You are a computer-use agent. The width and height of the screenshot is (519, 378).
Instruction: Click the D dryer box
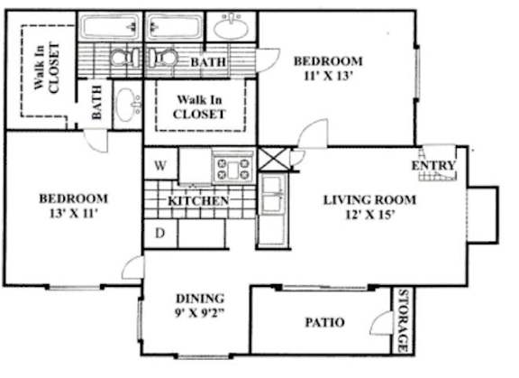[160, 234]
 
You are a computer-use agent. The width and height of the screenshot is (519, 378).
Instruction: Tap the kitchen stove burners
[233, 167]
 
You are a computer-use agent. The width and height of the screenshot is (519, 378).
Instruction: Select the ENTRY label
[432, 166]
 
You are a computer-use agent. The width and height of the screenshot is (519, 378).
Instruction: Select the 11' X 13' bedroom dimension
[328, 77]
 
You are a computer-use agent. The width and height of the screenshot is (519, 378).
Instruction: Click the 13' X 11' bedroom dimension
[73, 214]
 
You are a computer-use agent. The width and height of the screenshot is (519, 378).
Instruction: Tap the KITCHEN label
[199, 200]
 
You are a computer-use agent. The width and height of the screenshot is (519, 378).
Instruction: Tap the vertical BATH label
[96, 104]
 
